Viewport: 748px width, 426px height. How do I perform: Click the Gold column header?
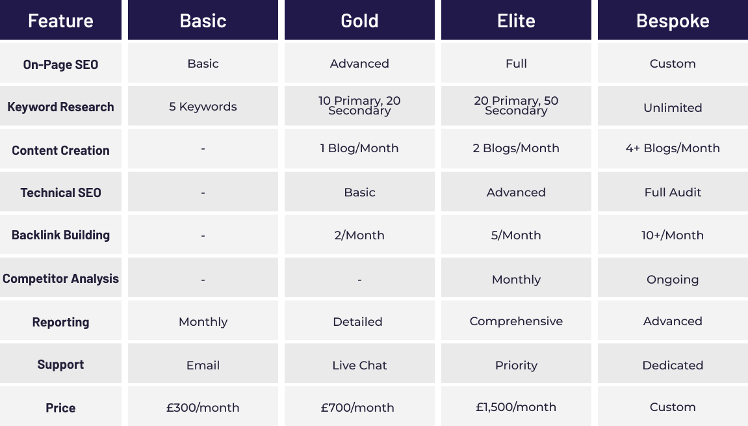(359, 21)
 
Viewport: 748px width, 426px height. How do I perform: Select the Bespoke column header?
(673, 21)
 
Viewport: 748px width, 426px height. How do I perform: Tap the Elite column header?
(516, 21)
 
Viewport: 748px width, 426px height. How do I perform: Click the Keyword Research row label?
(60, 107)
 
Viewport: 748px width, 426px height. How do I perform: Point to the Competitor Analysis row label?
(60, 278)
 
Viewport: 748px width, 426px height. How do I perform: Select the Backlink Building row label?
(60, 235)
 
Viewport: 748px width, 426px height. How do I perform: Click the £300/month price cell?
(203, 407)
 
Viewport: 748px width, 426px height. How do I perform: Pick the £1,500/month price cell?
(516, 407)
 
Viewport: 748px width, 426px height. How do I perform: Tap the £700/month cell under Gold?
(358, 407)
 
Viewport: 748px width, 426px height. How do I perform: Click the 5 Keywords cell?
(203, 107)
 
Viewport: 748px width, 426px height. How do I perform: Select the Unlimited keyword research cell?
(673, 108)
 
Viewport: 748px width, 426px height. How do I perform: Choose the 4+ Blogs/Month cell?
(673, 148)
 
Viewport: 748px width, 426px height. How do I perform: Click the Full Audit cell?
(673, 193)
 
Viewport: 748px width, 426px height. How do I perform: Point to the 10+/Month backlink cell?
(673, 235)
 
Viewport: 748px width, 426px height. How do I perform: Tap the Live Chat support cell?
(359, 366)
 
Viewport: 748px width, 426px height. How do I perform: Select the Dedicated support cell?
(673, 366)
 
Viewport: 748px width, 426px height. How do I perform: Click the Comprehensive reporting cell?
(516, 321)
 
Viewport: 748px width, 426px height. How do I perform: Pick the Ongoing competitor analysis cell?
(673, 280)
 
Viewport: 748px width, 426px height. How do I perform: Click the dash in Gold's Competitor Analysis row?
(359, 280)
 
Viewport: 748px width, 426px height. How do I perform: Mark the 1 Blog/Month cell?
(359, 148)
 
